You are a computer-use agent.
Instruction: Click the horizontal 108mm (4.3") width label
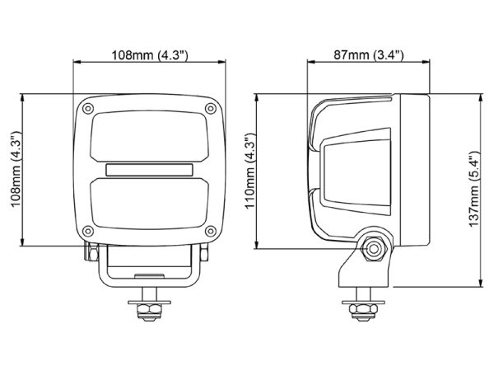pyautogui.click(x=151, y=55)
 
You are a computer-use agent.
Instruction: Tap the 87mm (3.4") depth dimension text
pyautogui.click(x=366, y=55)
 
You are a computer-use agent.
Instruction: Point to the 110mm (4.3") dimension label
pyautogui.click(x=249, y=171)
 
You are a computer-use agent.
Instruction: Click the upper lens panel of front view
pyautogui.click(x=151, y=136)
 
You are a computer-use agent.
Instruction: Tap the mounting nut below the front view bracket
pyautogui.click(x=151, y=309)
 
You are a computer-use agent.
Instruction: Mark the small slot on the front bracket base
pyautogui.click(x=151, y=275)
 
